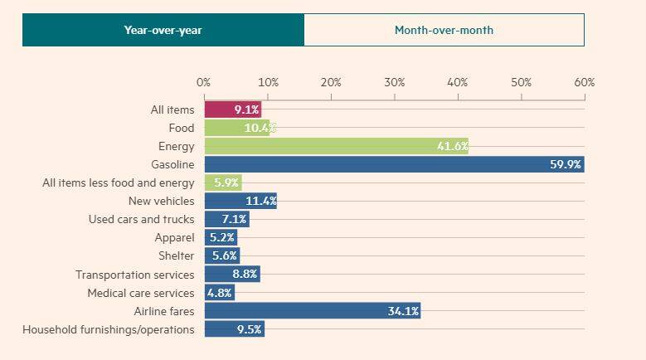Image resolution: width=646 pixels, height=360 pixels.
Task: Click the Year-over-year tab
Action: point(163,30)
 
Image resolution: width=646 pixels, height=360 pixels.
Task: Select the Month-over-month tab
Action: point(444,30)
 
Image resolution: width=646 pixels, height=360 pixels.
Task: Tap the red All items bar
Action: point(232,109)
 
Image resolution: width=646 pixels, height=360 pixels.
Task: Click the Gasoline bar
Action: point(394,164)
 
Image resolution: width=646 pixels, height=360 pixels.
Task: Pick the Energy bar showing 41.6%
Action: point(336,146)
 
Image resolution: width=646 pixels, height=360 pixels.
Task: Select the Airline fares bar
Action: point(312,311)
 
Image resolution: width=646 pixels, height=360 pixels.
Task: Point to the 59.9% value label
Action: point(566,164)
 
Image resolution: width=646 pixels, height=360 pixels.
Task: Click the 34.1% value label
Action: point(403,311)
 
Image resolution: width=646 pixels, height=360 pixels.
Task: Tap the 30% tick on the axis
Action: point(394,83)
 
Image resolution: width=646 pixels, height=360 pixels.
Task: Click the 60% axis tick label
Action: point(584,83)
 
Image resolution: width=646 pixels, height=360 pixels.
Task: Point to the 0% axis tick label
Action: point(203,83)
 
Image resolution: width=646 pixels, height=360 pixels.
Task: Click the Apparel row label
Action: point(174,238)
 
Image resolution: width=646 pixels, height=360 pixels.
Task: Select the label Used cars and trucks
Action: point(141,220)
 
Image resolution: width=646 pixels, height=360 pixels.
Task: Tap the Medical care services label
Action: point(140,293)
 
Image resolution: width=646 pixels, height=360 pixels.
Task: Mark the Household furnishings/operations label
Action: point(109,329)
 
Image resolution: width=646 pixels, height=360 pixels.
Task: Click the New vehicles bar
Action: point(240,202)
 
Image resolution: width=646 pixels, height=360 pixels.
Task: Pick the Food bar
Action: point(238,128)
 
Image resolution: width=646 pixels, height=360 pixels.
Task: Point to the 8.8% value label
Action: point(245,275)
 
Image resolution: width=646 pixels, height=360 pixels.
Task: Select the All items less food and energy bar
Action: point(222,182)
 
